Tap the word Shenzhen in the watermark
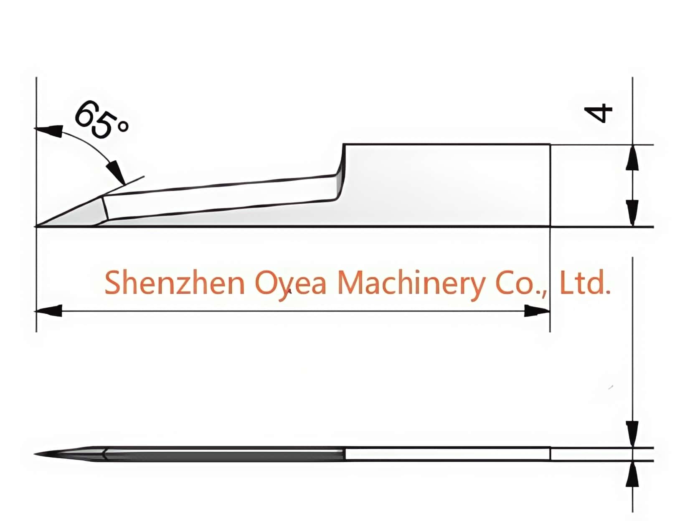[174, 282]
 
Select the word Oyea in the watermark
[291, 284]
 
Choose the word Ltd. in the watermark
[584, 282]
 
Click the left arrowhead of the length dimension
[48, 311]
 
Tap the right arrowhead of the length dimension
[536, 311]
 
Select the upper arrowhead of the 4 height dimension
[632, 157]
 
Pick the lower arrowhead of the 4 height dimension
[632, 212]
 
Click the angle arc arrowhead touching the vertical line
[48, 130]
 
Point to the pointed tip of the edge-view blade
[34, 454]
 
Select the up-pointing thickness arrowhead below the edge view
[632, 473]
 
